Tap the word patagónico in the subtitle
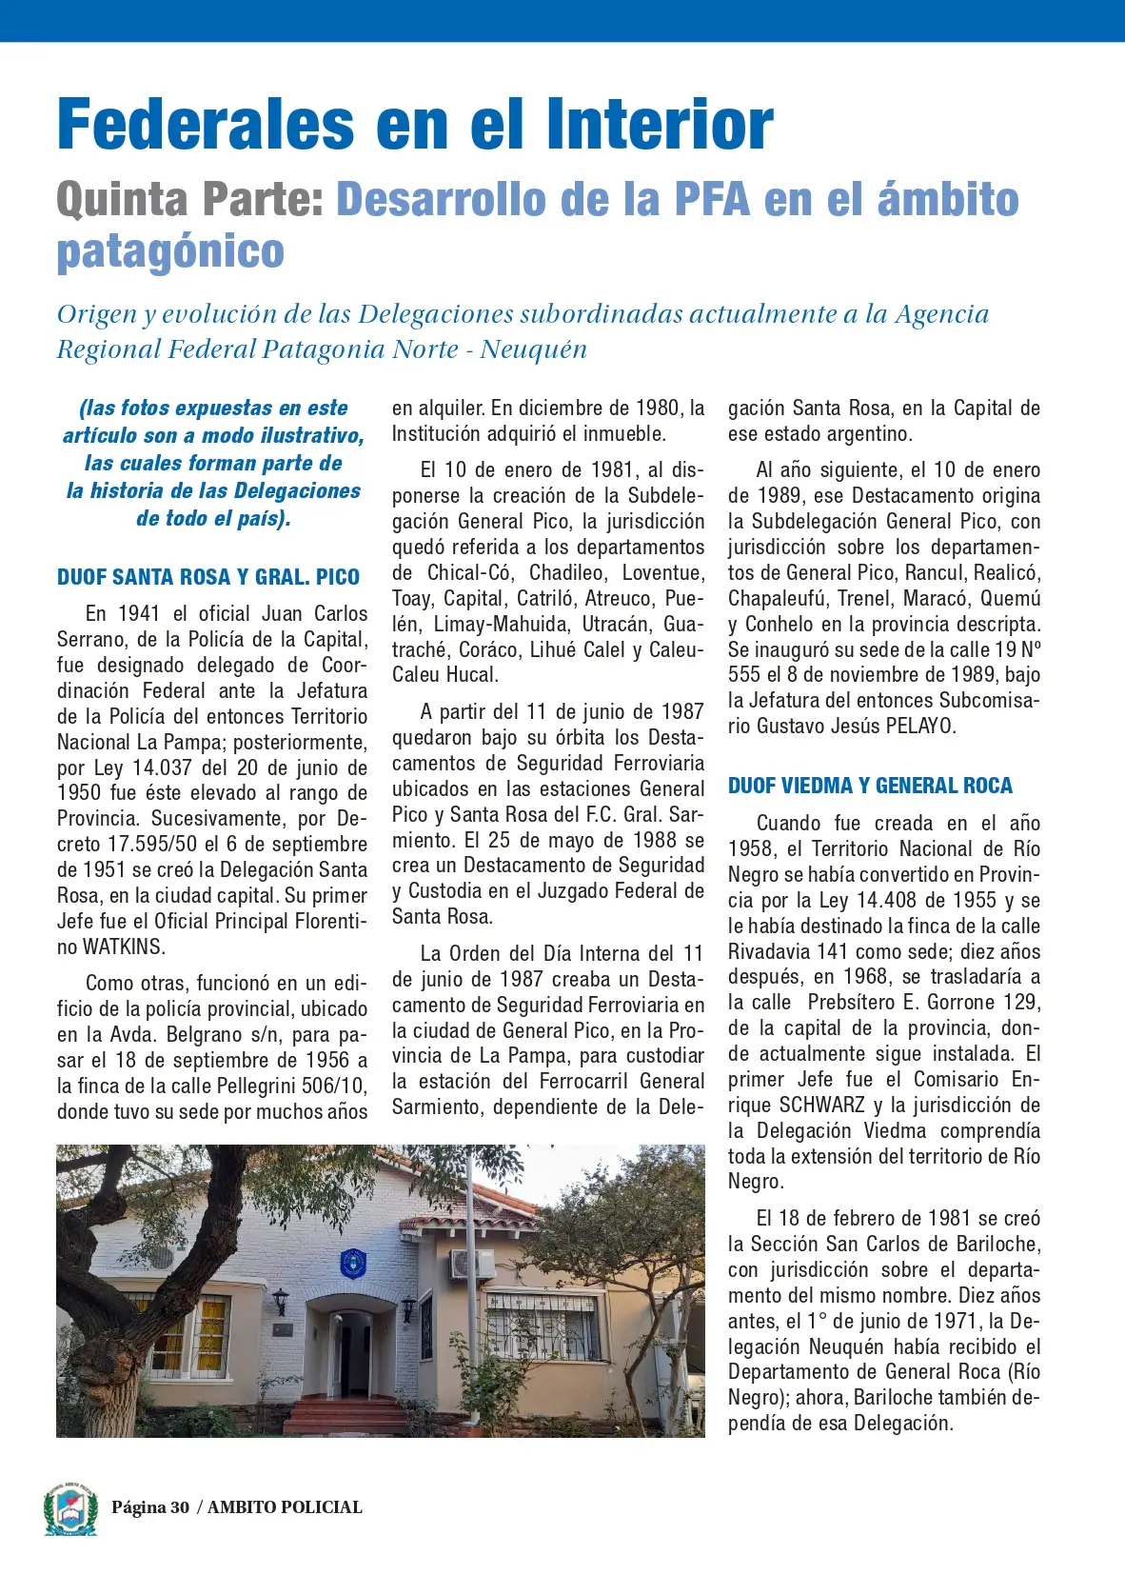[170, 251]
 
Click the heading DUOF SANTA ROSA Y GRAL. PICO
[208, 577]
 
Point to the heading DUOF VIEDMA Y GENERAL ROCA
[870, 786]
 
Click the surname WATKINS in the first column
[124, 947]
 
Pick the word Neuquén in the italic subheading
[533, 349]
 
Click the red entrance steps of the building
[348, 1414]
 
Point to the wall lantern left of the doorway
[281, 1301]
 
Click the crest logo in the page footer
[70, 1508]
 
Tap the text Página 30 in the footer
[150, 1507]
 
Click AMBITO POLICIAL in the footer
[285, 1507]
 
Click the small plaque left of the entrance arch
[283, 1329]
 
